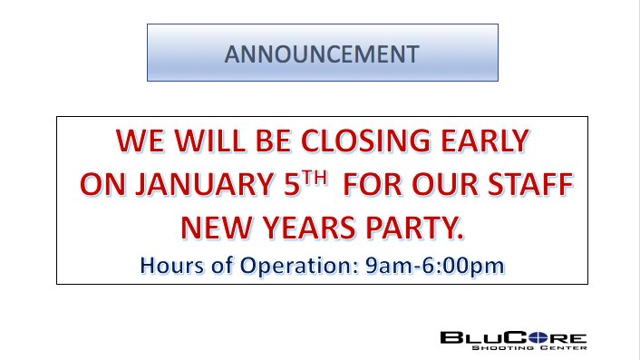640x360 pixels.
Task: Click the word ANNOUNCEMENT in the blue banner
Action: click(322, 53)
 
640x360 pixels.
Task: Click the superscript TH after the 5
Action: click(311, 180)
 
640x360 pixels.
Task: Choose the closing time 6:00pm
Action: click(455, 266)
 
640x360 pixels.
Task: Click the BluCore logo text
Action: click(513, 337)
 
